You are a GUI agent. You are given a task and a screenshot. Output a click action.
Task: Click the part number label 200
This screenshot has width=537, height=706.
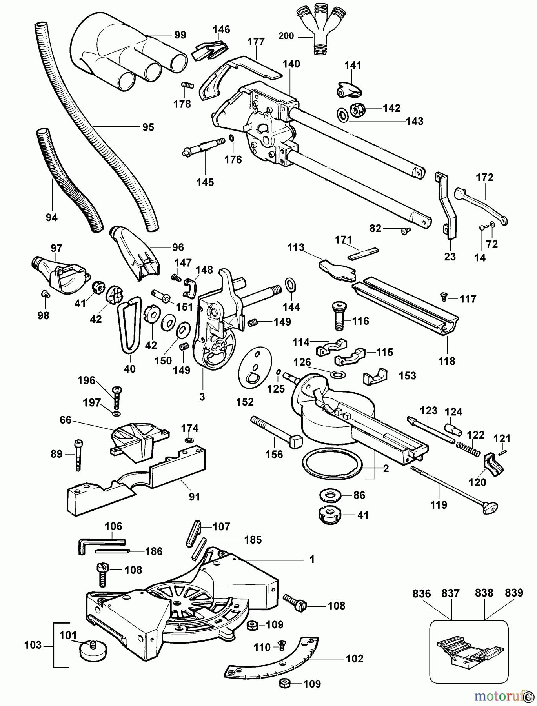pos(286,36)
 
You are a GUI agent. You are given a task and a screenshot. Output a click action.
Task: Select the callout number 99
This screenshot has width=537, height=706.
pos(180,35)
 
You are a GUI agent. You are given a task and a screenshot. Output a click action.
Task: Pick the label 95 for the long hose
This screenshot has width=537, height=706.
pos(148,127)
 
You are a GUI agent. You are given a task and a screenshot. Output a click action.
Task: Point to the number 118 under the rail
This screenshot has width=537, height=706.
pos(447,360)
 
